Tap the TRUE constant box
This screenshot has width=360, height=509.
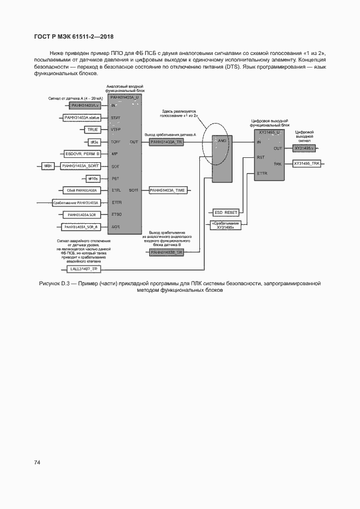pos(93,130)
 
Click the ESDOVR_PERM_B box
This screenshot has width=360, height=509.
pos(82,154)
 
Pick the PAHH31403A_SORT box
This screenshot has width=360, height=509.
pos(80,165)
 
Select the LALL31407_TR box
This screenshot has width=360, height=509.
pos(83,269)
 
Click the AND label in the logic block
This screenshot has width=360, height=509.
pos(222,140)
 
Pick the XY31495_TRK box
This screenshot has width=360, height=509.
pos(306,163)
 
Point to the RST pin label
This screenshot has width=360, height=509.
pos(260,157)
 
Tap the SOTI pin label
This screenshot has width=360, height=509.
pos(133,190)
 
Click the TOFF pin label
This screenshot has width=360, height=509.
pos(115,142)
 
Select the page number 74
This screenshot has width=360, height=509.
pos(38,462)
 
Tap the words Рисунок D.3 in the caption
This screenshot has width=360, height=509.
pos(58,284)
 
